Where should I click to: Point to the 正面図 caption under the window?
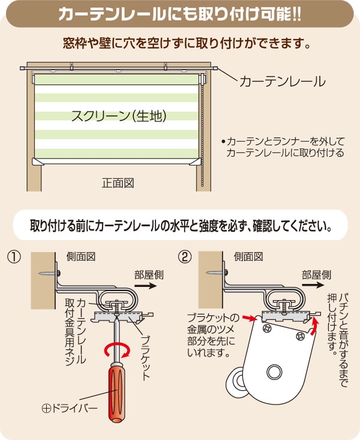118,182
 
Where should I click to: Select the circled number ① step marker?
14,258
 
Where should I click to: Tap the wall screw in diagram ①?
47,274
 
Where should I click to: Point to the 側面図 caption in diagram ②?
248,257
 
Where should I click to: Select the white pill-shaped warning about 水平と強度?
180,228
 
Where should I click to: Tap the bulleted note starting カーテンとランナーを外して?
282,148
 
